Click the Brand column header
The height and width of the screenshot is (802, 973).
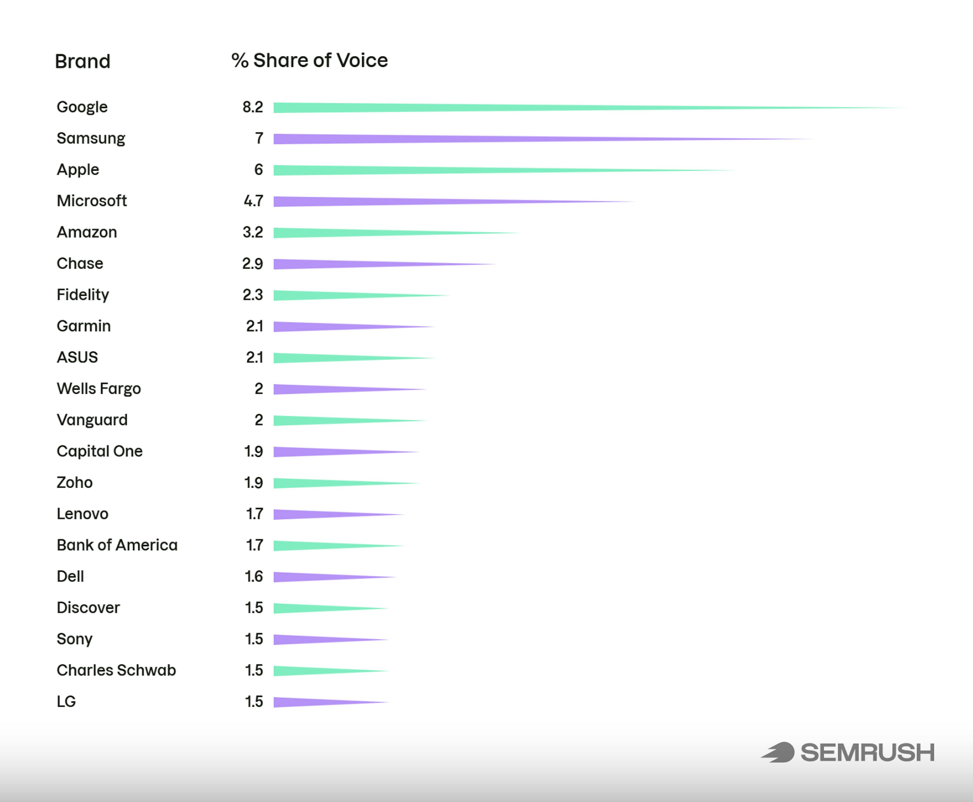tap(82, 62)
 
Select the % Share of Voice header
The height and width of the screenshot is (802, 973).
tap(309, 61)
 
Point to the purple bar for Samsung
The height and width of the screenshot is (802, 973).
tap(416, 139)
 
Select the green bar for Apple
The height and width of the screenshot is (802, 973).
tap(393, 170)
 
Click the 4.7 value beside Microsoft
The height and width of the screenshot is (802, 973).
tap(253, 201)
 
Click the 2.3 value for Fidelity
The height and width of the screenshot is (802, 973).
tap(252, 295)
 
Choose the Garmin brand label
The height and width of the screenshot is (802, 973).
tap(83, 326)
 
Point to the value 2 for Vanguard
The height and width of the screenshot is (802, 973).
tap(258, 420)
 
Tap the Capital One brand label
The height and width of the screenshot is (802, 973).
tap(99, 451)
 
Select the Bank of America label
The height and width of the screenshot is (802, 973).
tap(117, 545)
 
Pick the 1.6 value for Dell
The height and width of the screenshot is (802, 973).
tap(253, 577)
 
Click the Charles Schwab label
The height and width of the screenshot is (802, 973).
tap(116, 670)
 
